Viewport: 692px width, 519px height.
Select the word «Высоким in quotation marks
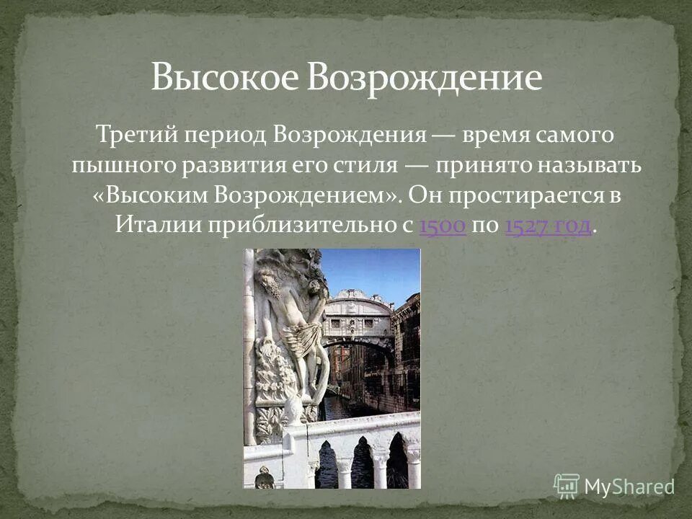153,195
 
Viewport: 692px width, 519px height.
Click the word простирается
528,195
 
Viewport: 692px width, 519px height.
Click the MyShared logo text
629,487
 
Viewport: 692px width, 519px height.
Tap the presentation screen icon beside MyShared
567,487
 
